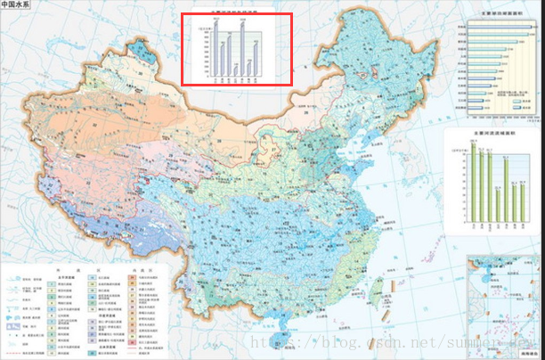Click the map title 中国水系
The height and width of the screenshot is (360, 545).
[x=17, y=10]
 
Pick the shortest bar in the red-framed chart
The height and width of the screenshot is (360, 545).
[x=235, y=70]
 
